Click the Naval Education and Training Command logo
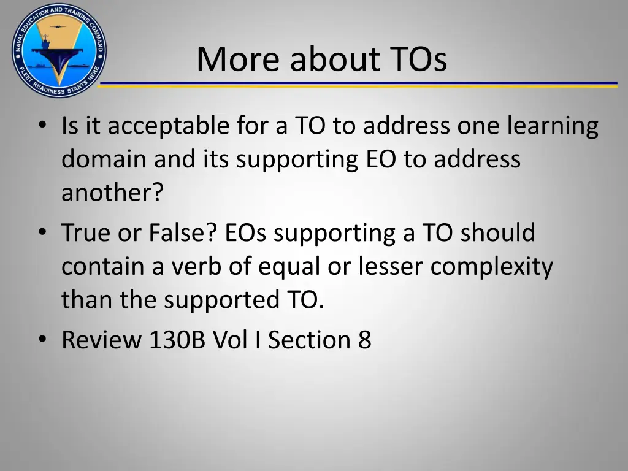(x=59, y=50)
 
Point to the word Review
(x=101, y=339)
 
